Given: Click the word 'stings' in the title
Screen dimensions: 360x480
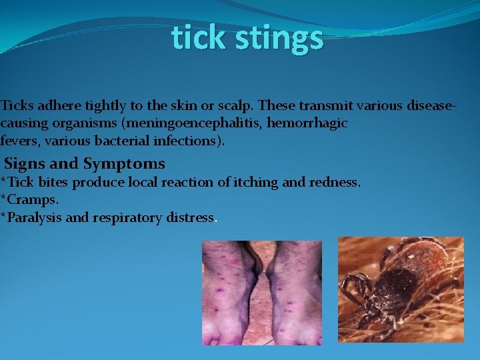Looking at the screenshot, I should tap(283, 39).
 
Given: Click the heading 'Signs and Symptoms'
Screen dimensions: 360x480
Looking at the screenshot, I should tap(85, 163).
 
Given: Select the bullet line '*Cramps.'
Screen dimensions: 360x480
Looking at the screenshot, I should tap(30, 199).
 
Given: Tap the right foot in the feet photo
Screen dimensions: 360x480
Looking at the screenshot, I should tap(293, 293).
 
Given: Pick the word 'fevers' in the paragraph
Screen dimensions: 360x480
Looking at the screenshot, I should tap(19, 141).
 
